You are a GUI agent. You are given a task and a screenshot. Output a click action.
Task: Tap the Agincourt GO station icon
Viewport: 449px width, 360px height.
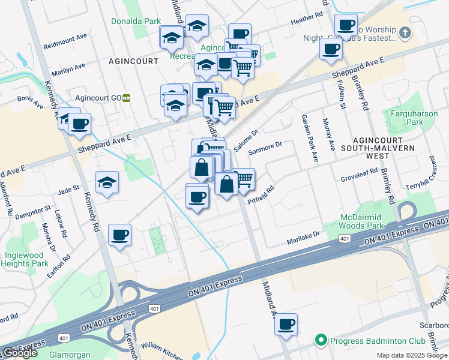[x=127, y=98]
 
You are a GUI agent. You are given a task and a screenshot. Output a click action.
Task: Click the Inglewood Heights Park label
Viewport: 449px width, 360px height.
[x=25, y=259]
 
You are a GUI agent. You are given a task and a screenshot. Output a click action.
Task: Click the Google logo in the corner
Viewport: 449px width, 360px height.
[x=19, y=353]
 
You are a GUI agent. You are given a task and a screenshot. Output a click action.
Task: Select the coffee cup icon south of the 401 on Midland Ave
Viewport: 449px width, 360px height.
[x=286, y=324]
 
